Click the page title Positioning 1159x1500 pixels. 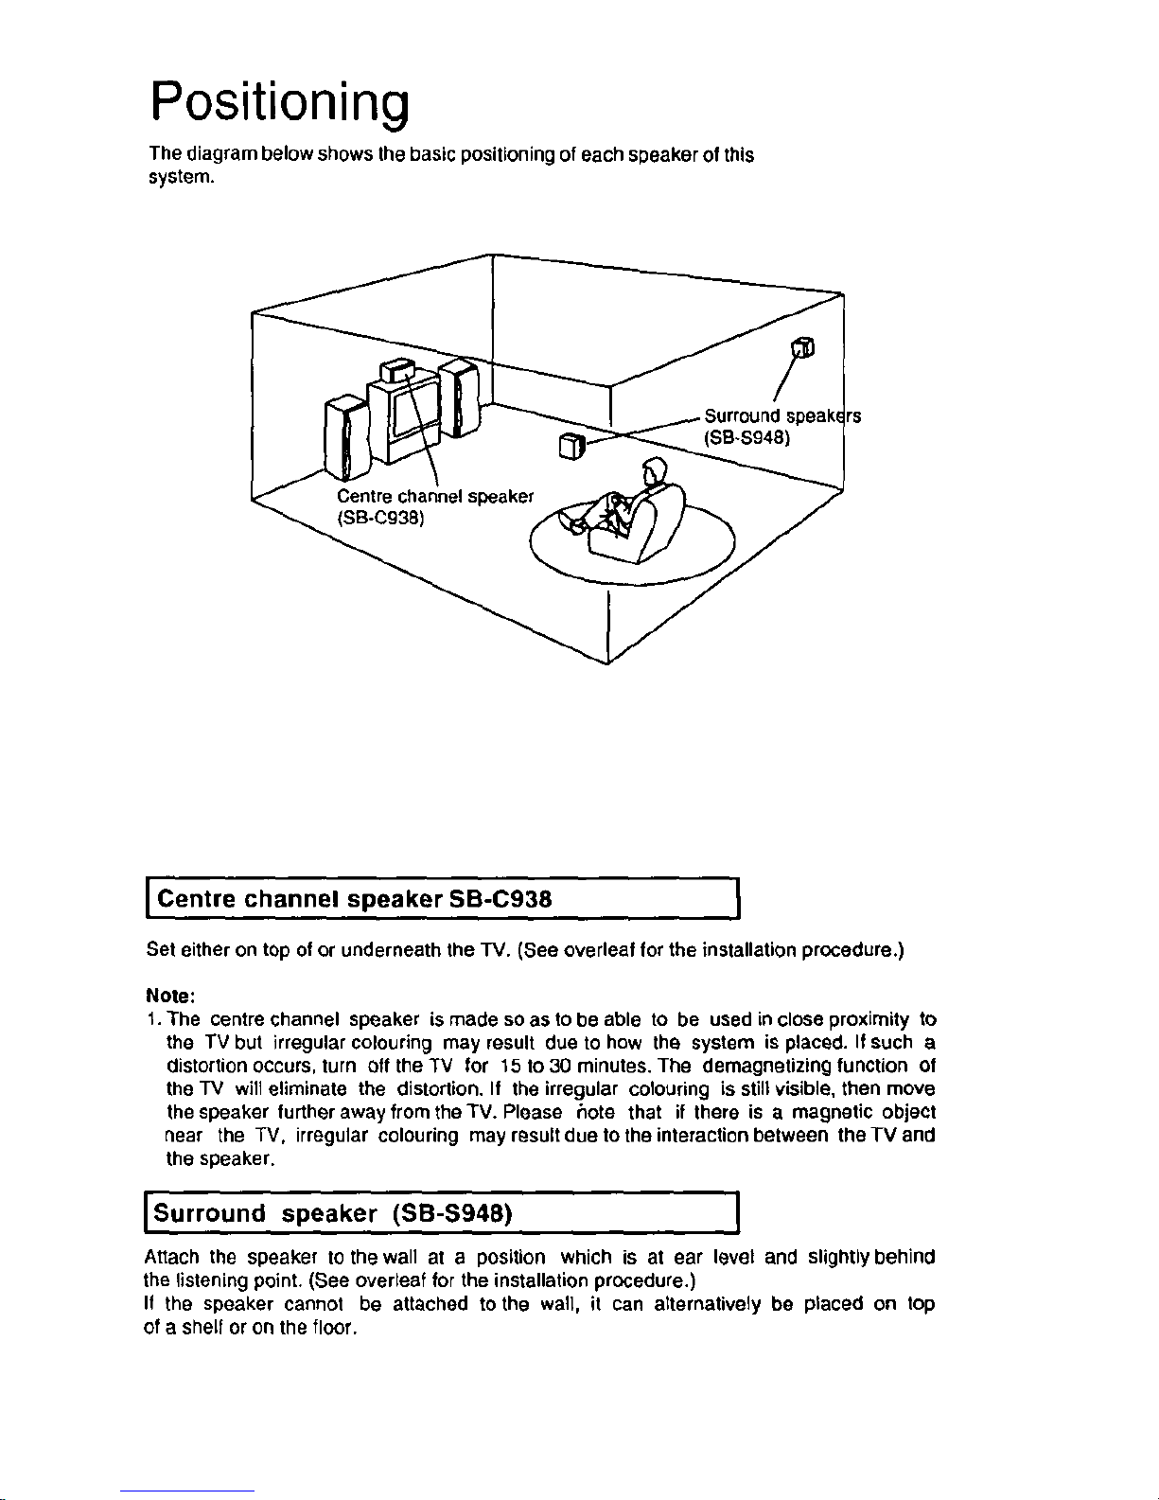tap(279, 101)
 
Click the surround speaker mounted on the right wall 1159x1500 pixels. tap(803, 348)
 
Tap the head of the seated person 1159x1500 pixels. tap(655, 469)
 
